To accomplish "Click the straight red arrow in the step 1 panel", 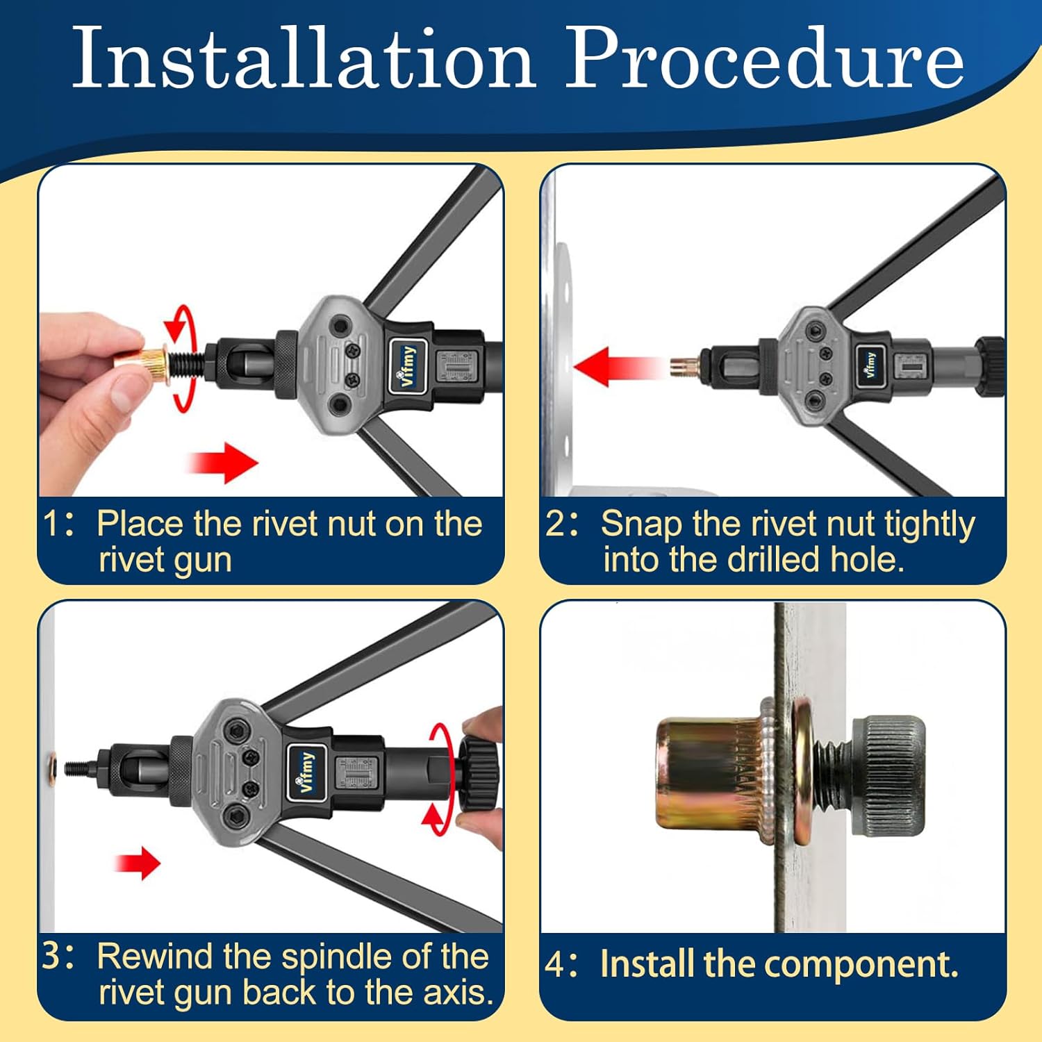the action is point(222,462).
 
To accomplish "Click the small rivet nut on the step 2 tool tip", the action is point(684,366).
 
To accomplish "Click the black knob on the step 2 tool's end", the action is point(990,366).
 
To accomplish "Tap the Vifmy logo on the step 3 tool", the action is point(306,771).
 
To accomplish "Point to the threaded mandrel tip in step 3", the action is point(80,768).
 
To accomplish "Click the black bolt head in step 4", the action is point(888,775).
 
